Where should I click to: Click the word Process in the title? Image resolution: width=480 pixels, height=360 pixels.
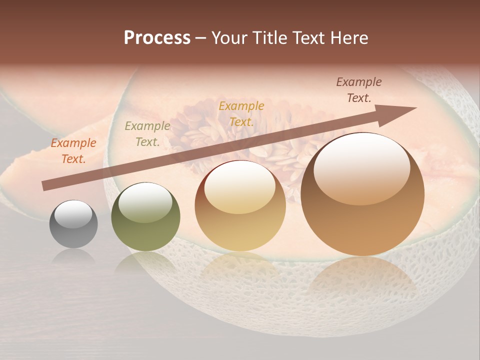(x=157, y=38)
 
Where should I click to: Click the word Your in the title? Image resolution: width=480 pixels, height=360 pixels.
(x=229, y=38)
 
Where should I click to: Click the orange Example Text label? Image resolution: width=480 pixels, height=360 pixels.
(x=73, y=151)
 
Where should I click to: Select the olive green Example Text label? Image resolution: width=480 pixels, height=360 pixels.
(x=147, y=134)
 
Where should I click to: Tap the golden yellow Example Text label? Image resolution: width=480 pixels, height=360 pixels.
(x=241, y=113)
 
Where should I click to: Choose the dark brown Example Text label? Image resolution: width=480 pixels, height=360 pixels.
(x=359, y=90)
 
